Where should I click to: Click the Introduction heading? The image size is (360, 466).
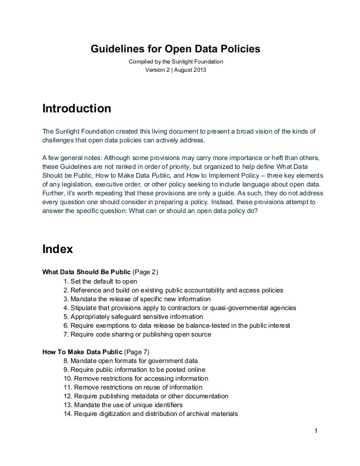tap(76, 109)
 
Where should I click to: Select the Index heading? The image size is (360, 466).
tap(58, 249)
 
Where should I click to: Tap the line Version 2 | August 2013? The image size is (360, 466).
tap(176, 70)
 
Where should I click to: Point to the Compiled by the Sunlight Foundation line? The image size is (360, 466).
tap(176, 62)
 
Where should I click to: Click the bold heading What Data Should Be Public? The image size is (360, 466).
tap(86, 272)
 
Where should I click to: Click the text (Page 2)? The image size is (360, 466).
tap(145, 272)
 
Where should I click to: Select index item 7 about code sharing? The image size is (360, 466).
tap(136, 334)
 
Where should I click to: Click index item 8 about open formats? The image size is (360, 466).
tap(130, 361)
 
